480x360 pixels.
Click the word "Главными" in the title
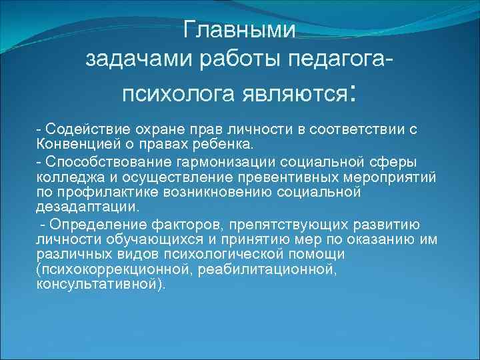coord(239,31)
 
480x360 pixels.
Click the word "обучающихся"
coord(137,239)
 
